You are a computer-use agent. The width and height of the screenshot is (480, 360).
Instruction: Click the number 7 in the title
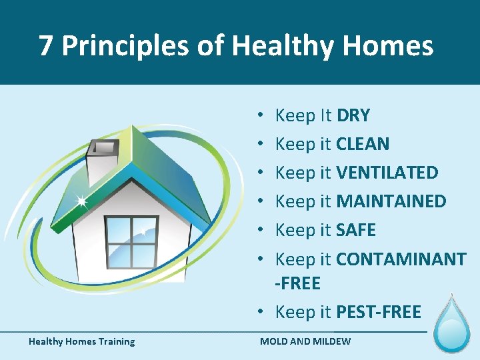(x=45, y=45)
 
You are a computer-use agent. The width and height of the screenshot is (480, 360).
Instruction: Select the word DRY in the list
(x=353, y=115)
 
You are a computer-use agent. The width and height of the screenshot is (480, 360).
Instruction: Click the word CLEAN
(x=363, y=144)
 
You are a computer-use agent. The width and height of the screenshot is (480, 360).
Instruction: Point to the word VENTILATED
(x=387, y=173)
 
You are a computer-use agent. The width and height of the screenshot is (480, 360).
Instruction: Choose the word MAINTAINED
(x=391, y=201)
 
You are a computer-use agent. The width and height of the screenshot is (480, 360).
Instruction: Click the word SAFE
(x=356, y=230)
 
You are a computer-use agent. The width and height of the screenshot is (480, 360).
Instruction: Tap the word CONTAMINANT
(x=401, y=259)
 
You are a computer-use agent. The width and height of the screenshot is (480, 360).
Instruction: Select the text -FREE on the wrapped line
(x=298, y=283)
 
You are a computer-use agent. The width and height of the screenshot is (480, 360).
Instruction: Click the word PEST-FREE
(x=379, y=311)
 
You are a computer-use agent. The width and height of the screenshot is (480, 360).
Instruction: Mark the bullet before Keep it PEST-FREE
(x=265, y=312)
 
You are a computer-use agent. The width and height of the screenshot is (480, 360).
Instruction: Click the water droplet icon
(x=452, y=325)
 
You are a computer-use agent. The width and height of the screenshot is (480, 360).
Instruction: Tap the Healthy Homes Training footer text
(x=81, y=342)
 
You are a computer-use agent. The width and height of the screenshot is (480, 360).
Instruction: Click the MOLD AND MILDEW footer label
(x=305, y=342)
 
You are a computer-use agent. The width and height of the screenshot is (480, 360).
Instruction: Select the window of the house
(x=132, y=241)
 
